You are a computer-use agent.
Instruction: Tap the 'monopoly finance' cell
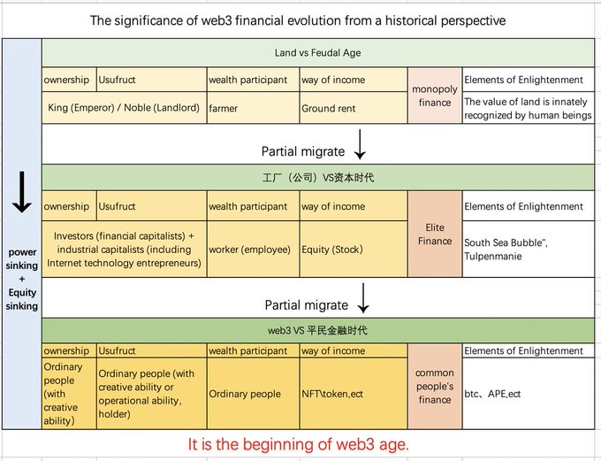tap(434, 95)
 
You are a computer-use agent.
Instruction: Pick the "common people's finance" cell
tap(434, 387)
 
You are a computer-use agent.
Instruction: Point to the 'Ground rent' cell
tap(329, 109)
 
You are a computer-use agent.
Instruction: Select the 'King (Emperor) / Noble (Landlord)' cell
tap(124, 109)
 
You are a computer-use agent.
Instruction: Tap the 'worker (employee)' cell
tap(250, 250)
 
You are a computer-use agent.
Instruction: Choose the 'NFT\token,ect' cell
tap(332, 394)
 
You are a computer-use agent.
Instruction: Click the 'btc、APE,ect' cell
tap(492, 394)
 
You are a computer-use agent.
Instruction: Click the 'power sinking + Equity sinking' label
tap(22, 279)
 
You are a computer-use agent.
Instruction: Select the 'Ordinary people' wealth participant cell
tap(245, 394)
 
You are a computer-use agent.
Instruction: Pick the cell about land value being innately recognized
tap(528, 109)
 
